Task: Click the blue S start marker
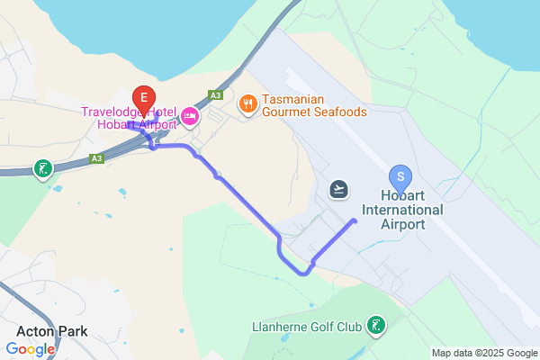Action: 400,176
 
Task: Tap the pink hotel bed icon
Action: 189,116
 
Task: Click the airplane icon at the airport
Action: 339,188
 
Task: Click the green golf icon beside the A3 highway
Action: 41,168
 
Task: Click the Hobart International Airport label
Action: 412,210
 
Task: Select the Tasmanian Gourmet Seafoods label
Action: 314,105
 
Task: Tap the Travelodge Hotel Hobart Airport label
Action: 128,118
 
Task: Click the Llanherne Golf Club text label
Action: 309,325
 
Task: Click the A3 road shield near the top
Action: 215,94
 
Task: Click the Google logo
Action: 31,349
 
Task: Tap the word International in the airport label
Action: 412,210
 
